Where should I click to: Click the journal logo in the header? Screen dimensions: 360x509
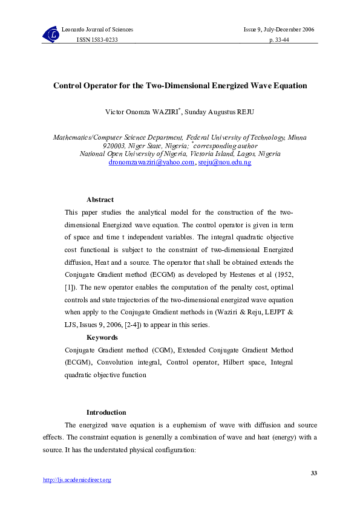tap(51, 34)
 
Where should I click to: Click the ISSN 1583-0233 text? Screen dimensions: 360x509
tap(97, 39)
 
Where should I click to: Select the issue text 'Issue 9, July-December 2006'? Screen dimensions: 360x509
tap(279, 30)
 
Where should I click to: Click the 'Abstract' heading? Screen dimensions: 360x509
tap(100, 199)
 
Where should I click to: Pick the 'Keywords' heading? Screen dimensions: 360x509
tap(102, 337)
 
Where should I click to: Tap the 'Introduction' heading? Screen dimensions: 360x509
tap(106, 412)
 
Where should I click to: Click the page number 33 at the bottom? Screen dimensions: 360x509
tap(313, 473)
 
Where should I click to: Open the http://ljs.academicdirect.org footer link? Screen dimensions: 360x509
tap(77, 480)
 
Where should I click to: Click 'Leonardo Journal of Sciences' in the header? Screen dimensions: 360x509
tap(97, 30)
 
